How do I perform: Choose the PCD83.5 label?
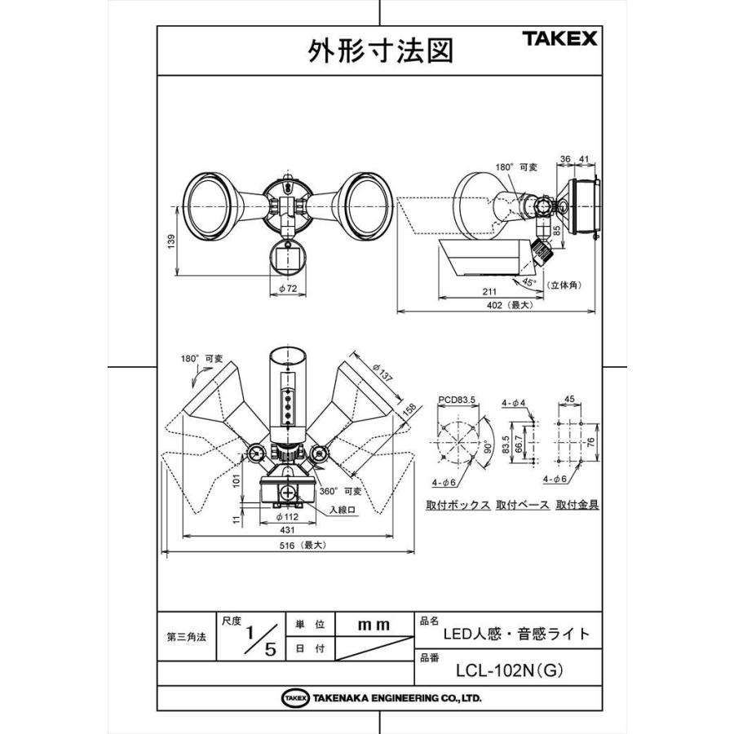click(458, 400)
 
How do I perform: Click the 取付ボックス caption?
click(458, 505)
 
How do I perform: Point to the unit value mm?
click(374, 624)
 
